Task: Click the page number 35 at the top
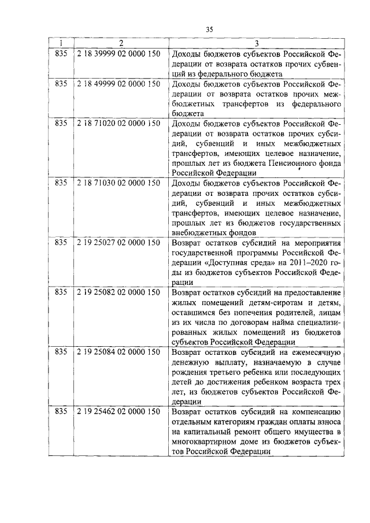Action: [x=210, y=30]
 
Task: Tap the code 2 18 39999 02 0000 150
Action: [x=118, y=52]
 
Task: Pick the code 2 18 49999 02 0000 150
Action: [x=118, y=84]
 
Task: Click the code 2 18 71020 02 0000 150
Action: [x=118, y=124]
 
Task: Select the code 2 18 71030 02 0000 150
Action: [x=118, y=183]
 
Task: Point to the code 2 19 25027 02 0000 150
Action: [x=118, y=243]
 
